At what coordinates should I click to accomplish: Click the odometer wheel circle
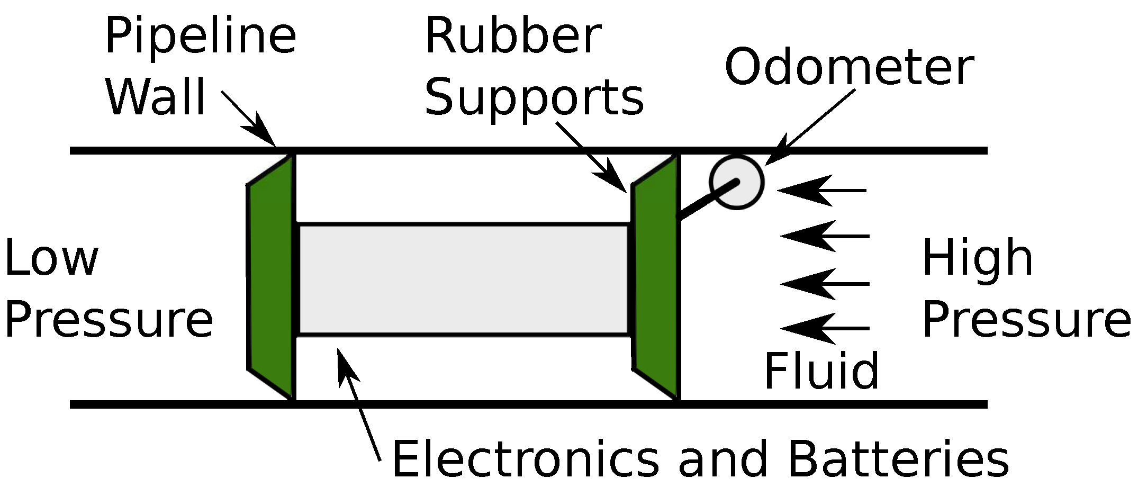tap(737, 182)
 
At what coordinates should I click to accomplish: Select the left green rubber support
tap(271, 278)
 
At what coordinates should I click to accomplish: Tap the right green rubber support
tap(655, 278)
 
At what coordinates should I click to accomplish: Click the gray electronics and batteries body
tap(463, 279)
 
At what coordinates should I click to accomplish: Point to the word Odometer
tap(848, 68)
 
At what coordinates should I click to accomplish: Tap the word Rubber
tap(512, 37)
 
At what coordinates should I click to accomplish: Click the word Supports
tap(534, 98)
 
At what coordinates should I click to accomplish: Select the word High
tap(977, 258)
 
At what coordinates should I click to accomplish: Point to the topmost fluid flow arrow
tap(822, 190)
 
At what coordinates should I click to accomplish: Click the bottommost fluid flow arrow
tap(825, 328)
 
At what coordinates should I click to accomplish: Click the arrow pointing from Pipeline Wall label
tap(249, 119)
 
